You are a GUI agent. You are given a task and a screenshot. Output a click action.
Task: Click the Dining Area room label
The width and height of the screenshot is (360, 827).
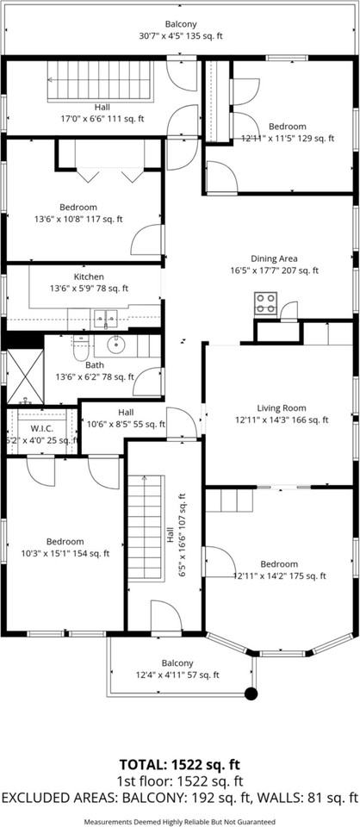(274, 258)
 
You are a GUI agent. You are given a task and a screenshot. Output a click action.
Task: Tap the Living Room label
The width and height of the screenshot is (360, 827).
(281, 408)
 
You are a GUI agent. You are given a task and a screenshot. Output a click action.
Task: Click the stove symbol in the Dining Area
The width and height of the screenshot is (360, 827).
(265, 302)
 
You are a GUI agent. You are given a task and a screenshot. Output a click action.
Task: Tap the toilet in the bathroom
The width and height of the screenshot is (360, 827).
(80, 349)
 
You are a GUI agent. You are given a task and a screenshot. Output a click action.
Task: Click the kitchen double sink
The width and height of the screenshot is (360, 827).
(106, 319)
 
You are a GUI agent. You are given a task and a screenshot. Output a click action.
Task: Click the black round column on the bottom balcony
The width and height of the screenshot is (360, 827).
(251, 693)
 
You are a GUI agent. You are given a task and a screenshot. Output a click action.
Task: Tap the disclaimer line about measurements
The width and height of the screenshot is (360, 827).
(179, 822)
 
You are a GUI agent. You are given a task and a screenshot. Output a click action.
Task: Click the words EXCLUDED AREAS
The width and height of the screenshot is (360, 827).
(53, 799)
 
